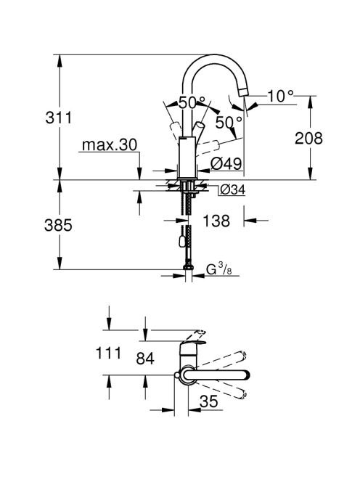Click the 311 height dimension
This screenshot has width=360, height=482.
(x=58, y=118)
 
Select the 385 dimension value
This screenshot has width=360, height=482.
(x=58, y=225)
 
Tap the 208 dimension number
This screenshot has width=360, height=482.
(x=308, y=138)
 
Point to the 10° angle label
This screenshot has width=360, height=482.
(x=281, y=96)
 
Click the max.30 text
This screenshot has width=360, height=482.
(x=110, y=144)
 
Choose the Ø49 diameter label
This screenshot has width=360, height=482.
(x=226, y=163)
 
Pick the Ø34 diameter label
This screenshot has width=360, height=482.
(x=233, y=190)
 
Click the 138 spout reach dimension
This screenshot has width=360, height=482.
(x=216, y=221)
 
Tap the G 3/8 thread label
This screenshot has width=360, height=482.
(x=218, y=269)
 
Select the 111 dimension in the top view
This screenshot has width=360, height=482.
(x=109, y=353)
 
